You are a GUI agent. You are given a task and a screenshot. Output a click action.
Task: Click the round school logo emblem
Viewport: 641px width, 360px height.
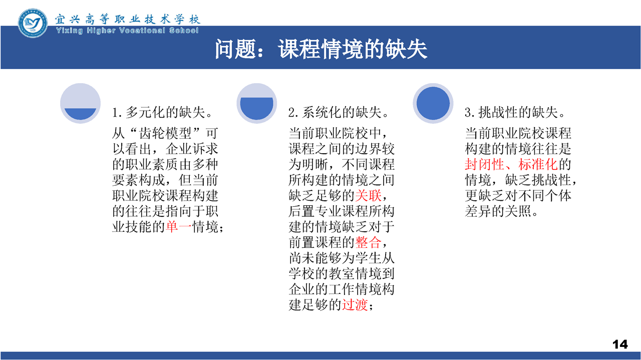33,23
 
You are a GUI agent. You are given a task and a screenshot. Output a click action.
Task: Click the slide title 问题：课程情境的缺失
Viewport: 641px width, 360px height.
321,49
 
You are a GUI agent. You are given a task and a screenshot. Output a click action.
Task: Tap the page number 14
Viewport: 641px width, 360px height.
620,344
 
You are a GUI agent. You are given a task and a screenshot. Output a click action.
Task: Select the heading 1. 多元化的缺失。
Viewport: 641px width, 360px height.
162,112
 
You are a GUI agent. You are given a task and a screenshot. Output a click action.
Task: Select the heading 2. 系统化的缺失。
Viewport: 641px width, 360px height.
339,112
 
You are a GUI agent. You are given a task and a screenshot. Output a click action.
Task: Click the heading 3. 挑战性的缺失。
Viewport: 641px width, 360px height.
515,112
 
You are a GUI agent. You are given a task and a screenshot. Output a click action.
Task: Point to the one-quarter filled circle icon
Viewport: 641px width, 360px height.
81,103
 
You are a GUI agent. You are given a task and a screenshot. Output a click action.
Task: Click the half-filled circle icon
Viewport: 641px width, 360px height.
257,103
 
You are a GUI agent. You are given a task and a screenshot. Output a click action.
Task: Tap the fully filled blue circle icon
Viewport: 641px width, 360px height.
433,103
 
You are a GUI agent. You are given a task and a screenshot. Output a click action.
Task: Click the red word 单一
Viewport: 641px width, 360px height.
179,227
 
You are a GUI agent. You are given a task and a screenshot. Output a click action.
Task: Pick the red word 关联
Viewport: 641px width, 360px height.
368,196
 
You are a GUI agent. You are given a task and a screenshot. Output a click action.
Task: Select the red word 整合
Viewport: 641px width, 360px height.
368,243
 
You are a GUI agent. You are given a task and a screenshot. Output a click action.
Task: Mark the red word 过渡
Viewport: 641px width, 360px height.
355,304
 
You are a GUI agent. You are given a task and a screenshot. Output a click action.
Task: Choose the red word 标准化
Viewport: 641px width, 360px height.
538,165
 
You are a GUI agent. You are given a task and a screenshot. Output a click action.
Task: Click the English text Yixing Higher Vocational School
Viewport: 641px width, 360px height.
127,31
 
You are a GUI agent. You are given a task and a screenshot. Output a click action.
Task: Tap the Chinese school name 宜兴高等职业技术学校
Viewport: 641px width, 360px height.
127,19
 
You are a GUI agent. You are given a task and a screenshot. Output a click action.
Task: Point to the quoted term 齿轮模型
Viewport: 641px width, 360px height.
165,133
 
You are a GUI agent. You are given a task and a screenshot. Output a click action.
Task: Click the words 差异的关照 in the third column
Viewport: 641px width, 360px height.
498,211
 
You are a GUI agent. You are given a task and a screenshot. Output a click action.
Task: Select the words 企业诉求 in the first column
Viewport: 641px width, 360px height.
192,149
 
